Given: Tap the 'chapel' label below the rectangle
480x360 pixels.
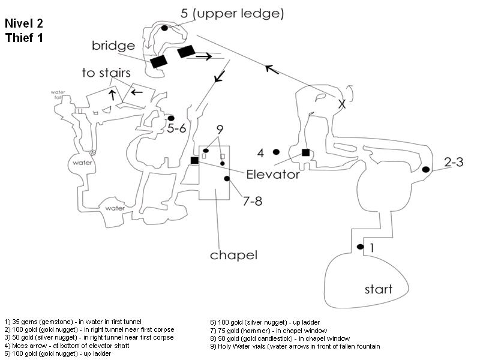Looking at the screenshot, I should point(233,255).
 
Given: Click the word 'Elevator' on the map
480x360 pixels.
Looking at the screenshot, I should point(272,175).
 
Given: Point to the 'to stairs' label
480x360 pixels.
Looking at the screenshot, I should point(106,73).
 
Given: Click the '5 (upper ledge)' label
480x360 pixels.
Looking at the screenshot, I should point(233,13).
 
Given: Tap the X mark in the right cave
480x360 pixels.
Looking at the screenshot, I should point(342,104).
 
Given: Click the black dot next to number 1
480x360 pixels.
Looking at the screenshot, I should point(360,247).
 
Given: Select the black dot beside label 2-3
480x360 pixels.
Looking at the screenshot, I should point(425,170).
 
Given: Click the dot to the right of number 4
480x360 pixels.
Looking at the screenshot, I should point(276,152).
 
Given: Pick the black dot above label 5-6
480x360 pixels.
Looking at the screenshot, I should point(171,118).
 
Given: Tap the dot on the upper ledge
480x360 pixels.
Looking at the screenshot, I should point(164,28).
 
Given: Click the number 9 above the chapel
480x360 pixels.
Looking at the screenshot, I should point(220,129).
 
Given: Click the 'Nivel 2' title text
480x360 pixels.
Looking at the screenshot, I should point(24,24).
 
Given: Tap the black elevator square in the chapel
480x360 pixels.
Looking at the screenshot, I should point(194,160).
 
